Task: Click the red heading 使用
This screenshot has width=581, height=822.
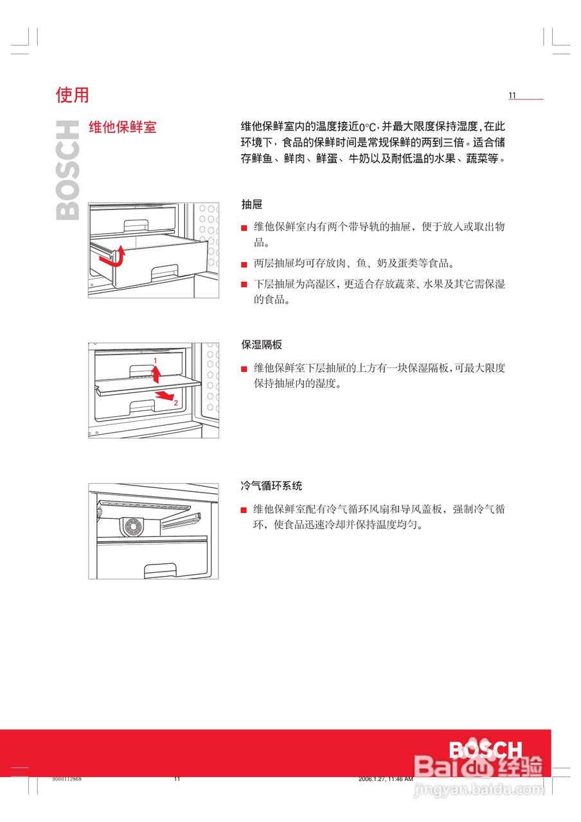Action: (x=72, y=95)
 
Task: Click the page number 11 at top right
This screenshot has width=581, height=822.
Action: (x=512, y=96)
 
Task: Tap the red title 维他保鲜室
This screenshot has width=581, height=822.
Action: (x=122, y=127)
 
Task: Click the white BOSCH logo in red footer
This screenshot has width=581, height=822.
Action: (x=485, y=750)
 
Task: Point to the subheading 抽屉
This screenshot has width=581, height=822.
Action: (x=251, y=204)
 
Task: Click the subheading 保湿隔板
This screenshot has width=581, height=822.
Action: (x=262, y=345)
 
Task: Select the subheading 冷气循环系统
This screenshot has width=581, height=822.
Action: (x=271, y=486)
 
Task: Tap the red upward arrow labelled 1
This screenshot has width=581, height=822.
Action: (x=155, y=374)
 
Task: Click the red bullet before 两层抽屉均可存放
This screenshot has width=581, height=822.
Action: (x=244, y=264)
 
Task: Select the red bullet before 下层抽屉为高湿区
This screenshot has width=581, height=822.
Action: (x=244, y=284)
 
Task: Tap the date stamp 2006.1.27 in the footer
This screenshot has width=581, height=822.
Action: (x=385, y=779)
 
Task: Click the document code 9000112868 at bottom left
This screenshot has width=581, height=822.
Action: (x=67, y=779)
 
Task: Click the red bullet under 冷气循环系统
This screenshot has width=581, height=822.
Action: (x=244, y=510)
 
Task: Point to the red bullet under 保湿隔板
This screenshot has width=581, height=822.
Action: (x=244, y=369)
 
